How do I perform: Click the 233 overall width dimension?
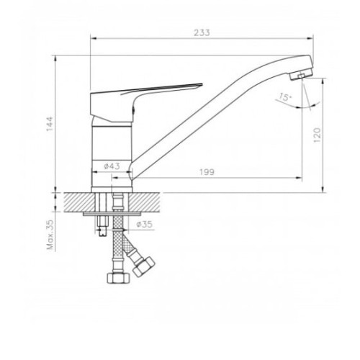pyautogui.click(x=202, y=32)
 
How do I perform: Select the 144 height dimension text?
pyautogui.click(x=50, y=124)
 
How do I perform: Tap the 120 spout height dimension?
pyautogui.click(x=317, y=135)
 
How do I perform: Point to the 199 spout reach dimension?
pyautogui.click(x=207, y=172)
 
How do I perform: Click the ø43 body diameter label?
pyautogui.click(x=112, y=166)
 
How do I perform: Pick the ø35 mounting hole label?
pyautogui.click(x=144, y=224)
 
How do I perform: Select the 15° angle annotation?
pyautogui.click(x=285, y=96)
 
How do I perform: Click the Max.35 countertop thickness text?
pyautogui.click(x=50, y=235)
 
